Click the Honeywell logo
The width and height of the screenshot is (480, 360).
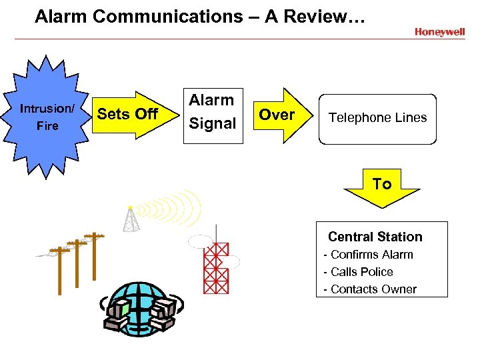[x=439, y=32]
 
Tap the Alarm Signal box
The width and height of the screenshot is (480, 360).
[x=212, y=112]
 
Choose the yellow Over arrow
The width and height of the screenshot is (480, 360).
[x=278, y=115]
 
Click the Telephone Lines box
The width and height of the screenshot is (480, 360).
[x=377, y=119]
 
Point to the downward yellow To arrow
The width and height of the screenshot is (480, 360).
[x=382, y=186]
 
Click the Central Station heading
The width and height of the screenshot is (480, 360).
[x=375, y=237]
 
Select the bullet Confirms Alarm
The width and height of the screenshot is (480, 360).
[x=368, y=255]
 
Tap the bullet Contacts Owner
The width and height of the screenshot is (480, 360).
[x=370, y=289]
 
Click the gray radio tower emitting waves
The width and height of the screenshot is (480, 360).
[x=132, y=219]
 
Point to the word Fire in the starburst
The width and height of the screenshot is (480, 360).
[x=47, y=126]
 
